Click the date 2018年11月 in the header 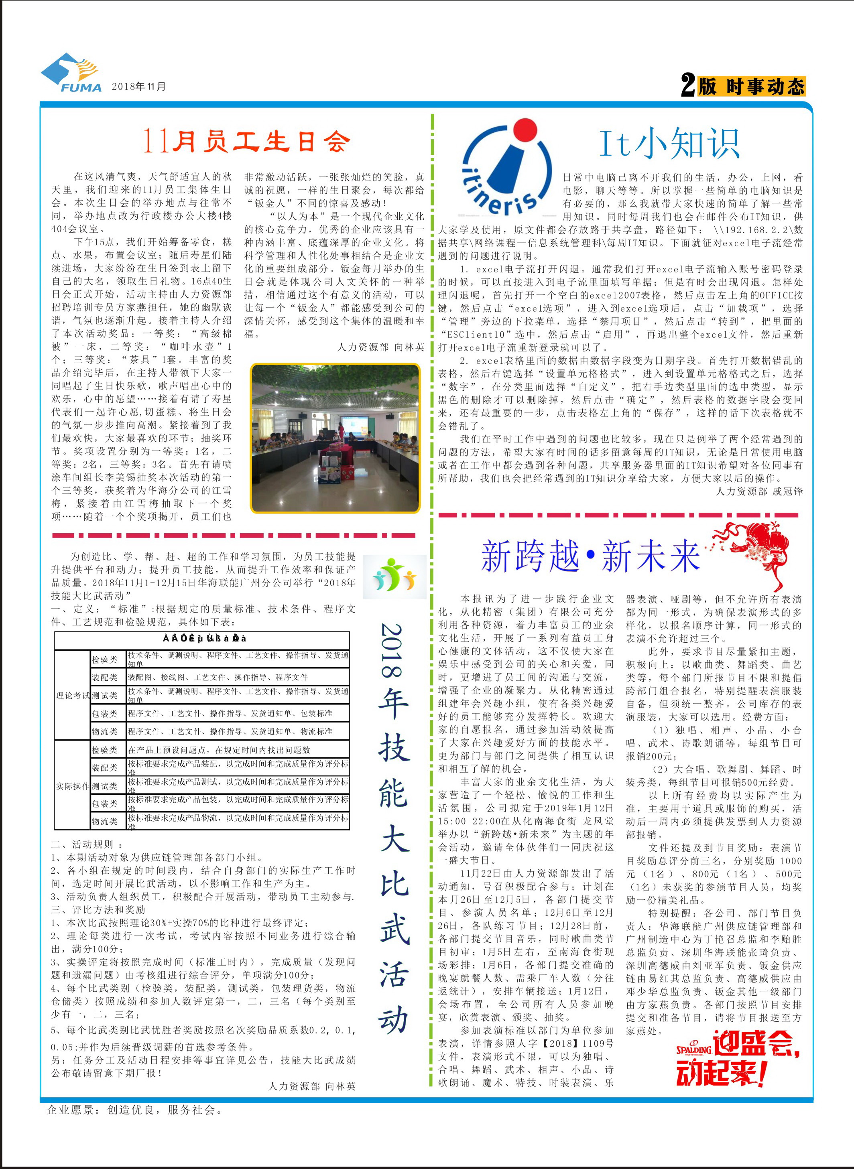(138, 86)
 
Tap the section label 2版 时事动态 (743, 85)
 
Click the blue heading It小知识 (669, 143)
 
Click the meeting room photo (335, 438)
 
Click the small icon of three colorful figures (394, 574)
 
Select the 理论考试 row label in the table (72, 696)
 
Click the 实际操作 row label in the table (72, 786)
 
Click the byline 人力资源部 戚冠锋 (759, 491)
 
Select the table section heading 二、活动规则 (87, 844)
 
